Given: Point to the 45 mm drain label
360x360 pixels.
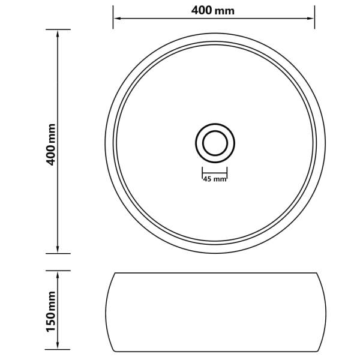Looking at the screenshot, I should (x=214, y=179).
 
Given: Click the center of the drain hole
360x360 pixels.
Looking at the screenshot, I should (x=214, y=143).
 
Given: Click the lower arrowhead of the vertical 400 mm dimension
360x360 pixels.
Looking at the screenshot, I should (x=58, y=250).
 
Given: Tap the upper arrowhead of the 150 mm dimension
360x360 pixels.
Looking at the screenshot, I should (x=58, y=274).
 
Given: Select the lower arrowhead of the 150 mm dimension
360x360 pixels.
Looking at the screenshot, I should (x=58, y=347).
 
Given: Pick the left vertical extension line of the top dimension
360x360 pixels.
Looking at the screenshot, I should (x=113, y=18).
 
